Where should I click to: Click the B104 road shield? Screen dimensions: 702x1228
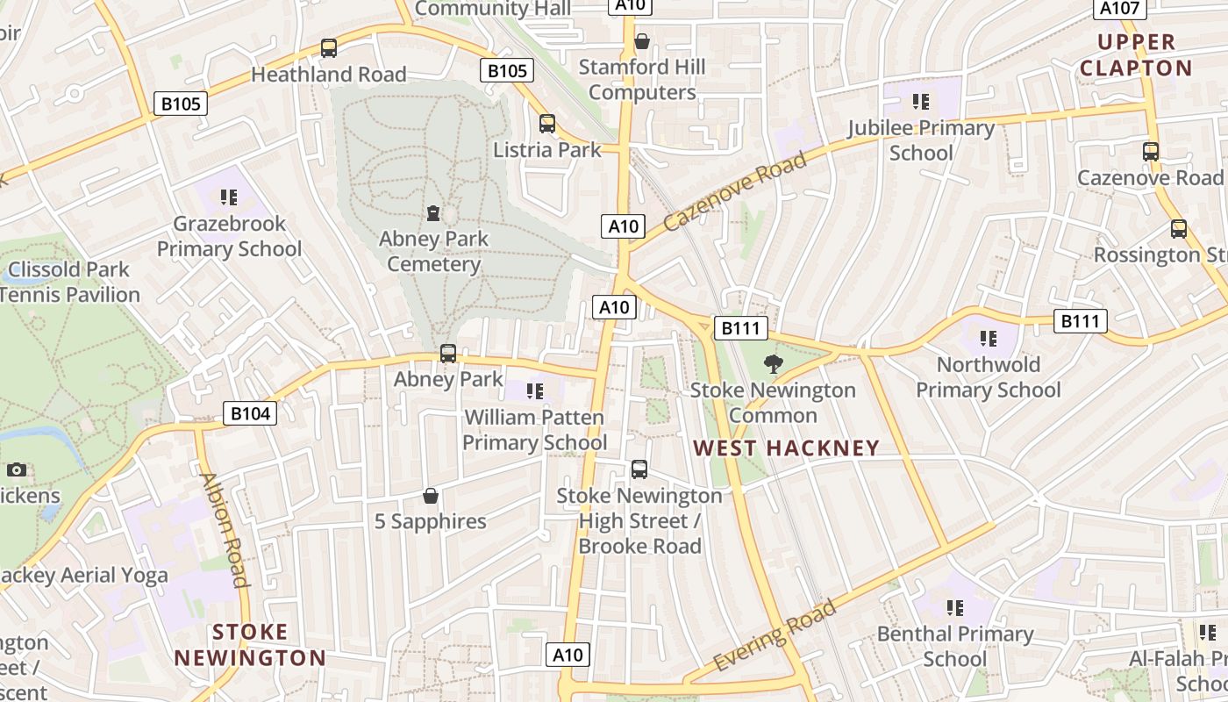[x=250, y=413]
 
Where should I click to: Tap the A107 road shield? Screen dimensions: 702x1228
[x=1120, y=8]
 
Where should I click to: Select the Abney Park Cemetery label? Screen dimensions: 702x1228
[x=433, y=251]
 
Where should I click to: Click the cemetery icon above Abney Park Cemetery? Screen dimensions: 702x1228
[x=432, y=213]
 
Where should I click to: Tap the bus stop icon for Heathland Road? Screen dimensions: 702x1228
[x=329, y=48]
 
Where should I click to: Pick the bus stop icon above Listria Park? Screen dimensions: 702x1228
[x=547, y=124]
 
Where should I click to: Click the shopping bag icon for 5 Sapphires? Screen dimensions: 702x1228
[x=431, y=497]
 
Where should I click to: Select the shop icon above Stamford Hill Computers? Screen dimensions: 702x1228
[x=642, y=41]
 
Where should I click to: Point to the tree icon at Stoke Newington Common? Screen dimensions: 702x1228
[x=773, y=363]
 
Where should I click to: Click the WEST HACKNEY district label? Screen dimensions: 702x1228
[x=786, y=448]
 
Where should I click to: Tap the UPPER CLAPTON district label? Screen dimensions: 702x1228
[x=1136, y=55]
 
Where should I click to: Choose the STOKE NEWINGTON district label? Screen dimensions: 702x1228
[x=249, y=645]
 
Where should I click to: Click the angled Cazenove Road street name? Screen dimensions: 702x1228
[x=734, y=191]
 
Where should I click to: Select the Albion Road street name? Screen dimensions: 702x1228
[x=225, y=529]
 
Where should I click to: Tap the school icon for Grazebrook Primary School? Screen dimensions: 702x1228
[x=229, y=197]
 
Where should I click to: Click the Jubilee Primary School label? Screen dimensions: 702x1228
[x=921, y=140]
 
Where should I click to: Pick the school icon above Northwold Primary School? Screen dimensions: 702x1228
[x=989, y=339]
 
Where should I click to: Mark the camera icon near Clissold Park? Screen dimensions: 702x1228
[x=17, y=469]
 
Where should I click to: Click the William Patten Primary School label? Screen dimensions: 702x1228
[x=534, y=429]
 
